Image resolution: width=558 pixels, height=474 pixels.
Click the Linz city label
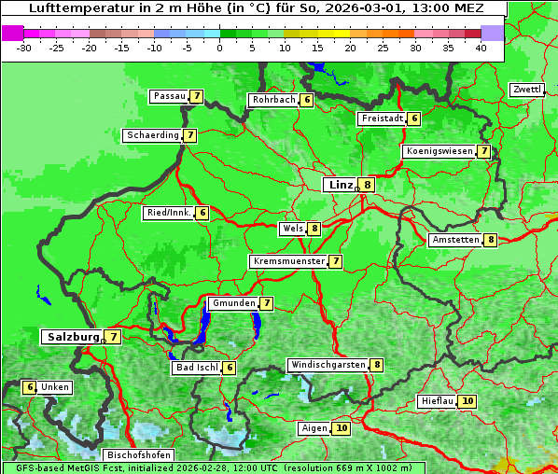pos(341,185)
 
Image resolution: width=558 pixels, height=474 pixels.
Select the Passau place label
pos(170,96)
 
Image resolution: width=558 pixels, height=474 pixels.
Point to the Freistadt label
pos(383,118)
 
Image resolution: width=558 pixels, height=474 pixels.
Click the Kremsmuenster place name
pos(288,261)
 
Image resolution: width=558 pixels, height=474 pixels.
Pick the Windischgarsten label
pos(328,365)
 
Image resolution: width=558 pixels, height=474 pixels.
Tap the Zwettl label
pos(526,90)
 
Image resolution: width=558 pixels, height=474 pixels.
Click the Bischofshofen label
pos(139,455)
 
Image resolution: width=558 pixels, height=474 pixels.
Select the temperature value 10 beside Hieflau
pos(467,401)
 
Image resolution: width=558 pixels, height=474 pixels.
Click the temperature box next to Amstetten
pos(491,240)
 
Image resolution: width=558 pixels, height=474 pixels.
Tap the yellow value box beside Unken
pos(30,387)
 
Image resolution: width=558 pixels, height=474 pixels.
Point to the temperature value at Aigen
pos(341,428)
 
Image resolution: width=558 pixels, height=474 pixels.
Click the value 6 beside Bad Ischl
pos(230,368)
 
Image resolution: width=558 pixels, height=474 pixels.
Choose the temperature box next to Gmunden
pos(267,303)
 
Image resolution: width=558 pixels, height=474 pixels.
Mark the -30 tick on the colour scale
pos(24,47)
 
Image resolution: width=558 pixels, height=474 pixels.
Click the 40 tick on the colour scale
pos(481,47)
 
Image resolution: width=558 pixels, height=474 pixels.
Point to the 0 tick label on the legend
pos(220,47)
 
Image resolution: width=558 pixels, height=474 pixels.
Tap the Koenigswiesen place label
pos(439,151)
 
